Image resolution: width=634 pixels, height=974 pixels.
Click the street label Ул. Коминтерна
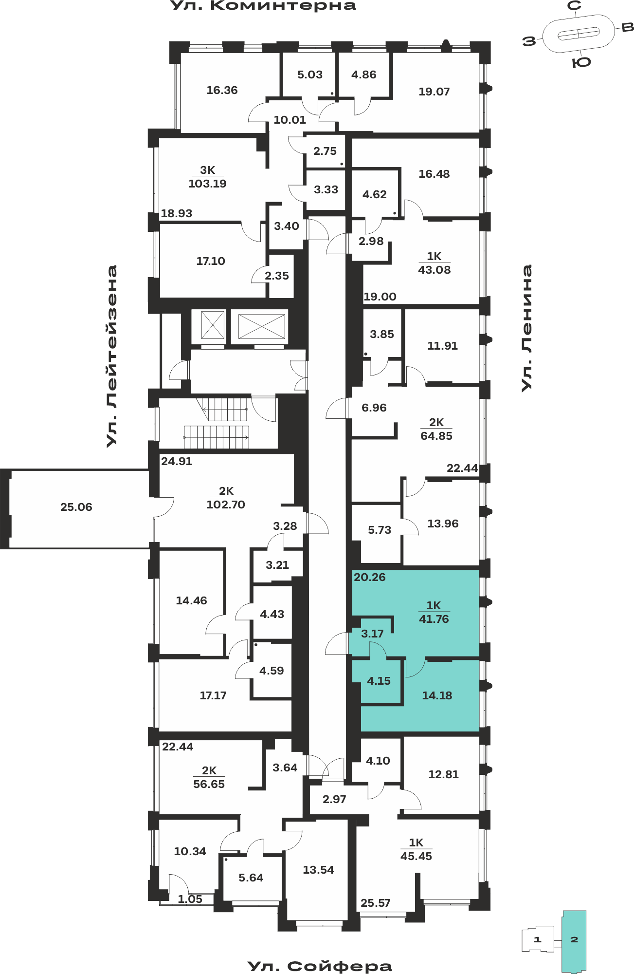[263, 6]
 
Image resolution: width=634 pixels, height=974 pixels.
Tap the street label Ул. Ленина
[527, 328]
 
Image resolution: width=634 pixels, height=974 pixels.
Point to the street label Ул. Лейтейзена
[112, 356]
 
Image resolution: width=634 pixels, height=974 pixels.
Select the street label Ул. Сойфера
[320, 966]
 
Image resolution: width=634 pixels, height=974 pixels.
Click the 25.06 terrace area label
[76, 507]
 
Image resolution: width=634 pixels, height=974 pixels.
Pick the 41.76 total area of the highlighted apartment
[434, 619]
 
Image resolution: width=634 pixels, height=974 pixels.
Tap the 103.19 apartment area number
[207, 184]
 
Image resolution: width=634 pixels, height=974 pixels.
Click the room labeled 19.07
[434, 92]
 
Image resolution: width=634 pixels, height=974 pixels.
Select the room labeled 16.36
[222, 90]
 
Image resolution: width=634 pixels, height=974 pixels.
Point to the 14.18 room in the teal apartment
[437, 695]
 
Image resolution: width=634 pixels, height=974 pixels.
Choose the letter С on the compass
[575, 6]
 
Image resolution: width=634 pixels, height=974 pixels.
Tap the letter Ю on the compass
[581, 62]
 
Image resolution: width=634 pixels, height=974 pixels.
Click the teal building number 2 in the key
[574, 939]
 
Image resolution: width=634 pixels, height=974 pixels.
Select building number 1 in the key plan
[538, 939]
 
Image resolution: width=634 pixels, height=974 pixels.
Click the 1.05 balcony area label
[190, 899]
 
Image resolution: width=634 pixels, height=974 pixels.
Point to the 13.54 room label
[318, 870]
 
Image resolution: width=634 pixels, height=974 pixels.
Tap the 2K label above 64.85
[436, 422]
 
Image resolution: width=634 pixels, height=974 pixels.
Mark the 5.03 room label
[310, 75]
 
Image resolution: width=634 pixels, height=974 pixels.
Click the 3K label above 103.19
[207, 170]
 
